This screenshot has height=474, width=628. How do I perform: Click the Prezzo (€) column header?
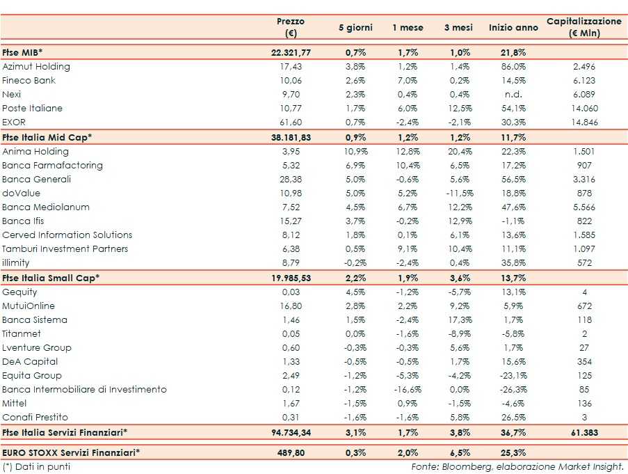tap(291, 27)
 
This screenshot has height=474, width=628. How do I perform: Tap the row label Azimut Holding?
tap(36, 67)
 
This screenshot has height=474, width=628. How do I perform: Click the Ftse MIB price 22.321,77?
tap(291, 53)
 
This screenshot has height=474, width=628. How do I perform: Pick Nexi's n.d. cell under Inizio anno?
tap(513, 95)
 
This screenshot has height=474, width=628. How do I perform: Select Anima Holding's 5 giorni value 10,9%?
tap(355, 152)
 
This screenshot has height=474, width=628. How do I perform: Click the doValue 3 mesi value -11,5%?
tap(458, 193)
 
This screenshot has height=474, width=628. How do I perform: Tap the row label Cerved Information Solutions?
tap(67, 235)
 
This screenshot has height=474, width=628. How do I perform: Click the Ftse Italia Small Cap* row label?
tap(51, 278)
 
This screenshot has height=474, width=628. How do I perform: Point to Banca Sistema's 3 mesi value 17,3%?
tap(458, 320)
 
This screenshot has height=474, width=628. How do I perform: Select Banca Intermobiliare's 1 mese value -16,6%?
tap(408, 390)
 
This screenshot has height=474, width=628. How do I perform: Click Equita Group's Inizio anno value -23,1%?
tap(513, 376)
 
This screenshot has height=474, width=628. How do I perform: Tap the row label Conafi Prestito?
tap(35, 418)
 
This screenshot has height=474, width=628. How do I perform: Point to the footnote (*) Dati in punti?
tap(36, 466)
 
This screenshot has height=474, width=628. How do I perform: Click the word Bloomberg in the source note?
tap(463, 466)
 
